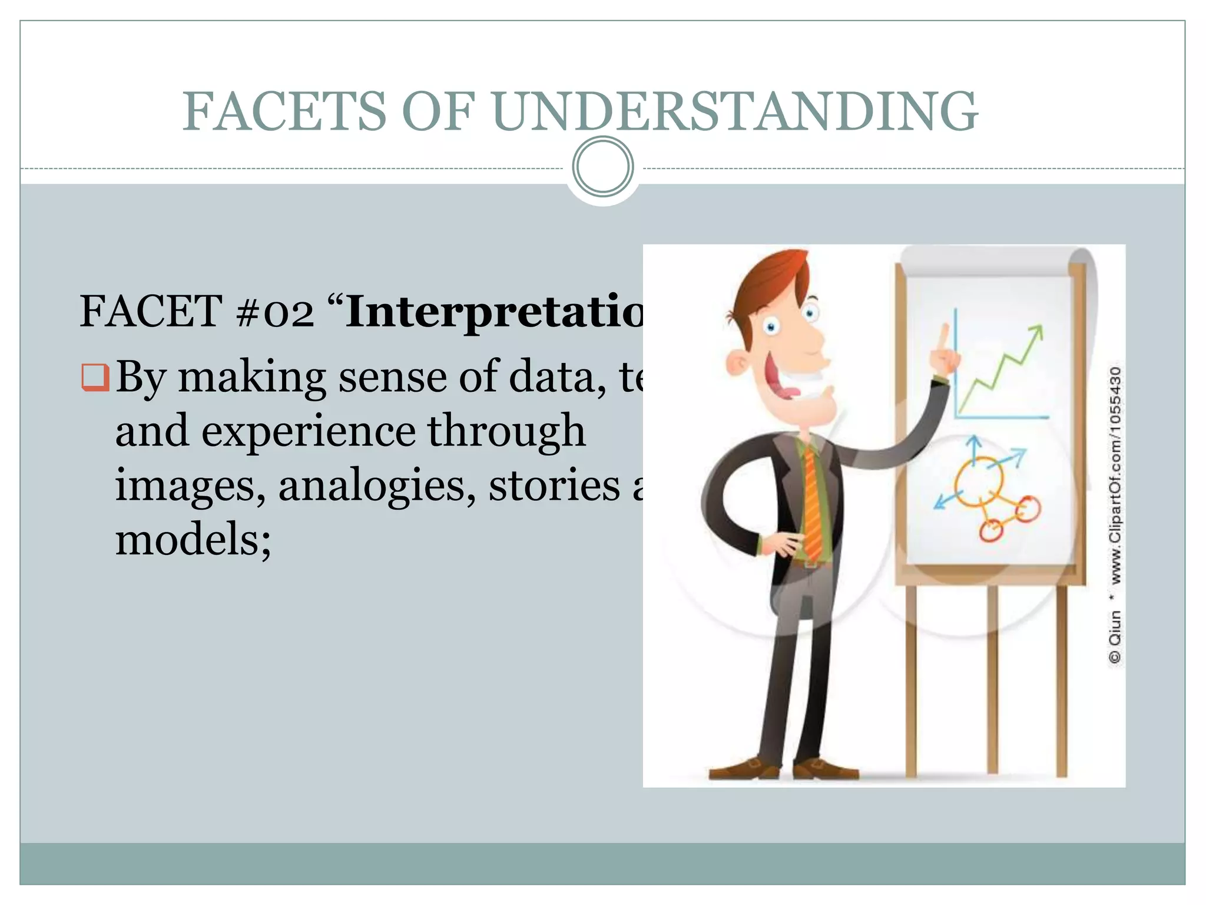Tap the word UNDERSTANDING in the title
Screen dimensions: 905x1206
click(735, 111)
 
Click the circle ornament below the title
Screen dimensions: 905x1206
click(602, 167)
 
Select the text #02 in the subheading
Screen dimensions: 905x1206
click(274, 312)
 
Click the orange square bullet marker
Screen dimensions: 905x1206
click(95, 378)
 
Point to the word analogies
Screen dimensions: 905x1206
click(377, 486)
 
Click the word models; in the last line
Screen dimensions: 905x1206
click(193, 539)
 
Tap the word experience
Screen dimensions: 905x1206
click(308, 431)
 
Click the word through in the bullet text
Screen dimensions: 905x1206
click(506, 431)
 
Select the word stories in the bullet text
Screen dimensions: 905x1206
click(554, 486)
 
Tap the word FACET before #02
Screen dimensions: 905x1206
click(150, 312)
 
